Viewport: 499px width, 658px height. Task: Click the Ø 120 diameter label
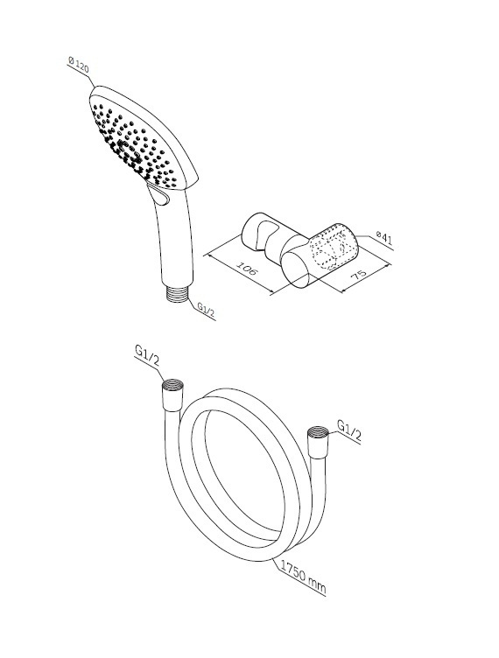coord(79,65)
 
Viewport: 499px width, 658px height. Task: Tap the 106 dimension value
coord(246,268)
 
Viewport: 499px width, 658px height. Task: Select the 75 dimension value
coord(358,274)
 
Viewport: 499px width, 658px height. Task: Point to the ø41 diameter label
coord(384,238)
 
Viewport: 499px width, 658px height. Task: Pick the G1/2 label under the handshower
coord(207,311)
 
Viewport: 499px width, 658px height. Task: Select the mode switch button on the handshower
coord(159,195)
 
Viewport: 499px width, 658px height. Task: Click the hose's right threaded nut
coord(319,442)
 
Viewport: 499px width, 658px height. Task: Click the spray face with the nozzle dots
coord(135,142)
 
